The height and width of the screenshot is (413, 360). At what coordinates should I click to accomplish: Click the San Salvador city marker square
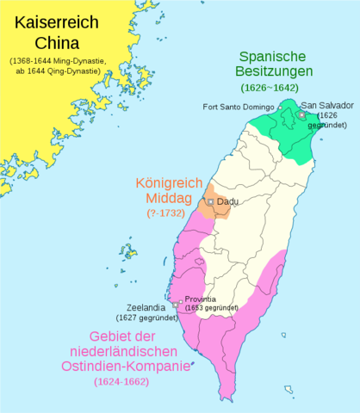tap(301, 114)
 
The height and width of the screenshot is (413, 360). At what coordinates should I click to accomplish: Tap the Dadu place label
tap(227, 201)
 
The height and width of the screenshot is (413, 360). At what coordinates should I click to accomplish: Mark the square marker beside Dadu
tap(210, 201)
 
